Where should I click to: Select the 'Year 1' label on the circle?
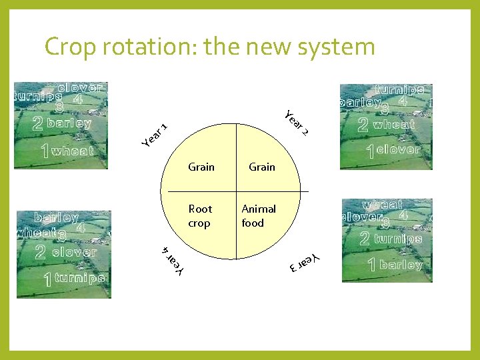[155, 134]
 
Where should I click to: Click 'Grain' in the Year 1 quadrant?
[201, 167]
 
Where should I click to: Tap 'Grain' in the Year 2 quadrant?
[262, 167]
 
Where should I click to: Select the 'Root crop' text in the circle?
[200, 216]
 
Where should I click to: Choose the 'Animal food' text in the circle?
[258, 216]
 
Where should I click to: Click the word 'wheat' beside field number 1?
[73, 151]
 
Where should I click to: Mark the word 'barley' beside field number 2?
[69, 123]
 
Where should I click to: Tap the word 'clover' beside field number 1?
[399, 150]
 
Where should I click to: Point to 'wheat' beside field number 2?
[394, 124]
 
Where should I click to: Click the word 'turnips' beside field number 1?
[80, 278]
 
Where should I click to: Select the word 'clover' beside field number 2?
[74, 253]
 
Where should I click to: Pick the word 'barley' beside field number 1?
[401, 265]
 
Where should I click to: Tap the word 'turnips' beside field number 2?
[398, 239]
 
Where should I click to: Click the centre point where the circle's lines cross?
[235, 191]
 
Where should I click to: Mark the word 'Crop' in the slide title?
[69, 47]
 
